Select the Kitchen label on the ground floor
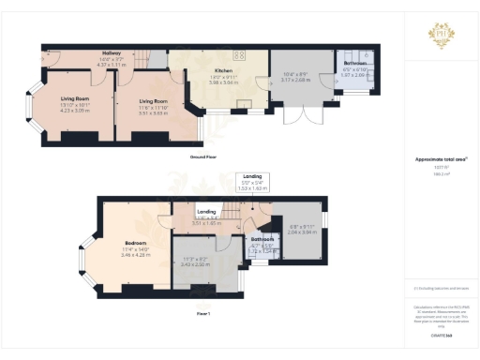[x=222, y=70]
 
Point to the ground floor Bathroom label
[x=355, y=63]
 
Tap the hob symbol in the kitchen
[x=239, y=55]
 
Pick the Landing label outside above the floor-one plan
[x=252, y=175]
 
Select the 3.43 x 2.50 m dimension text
[x=195, y=263]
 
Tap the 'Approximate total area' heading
[x=440, y=159]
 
